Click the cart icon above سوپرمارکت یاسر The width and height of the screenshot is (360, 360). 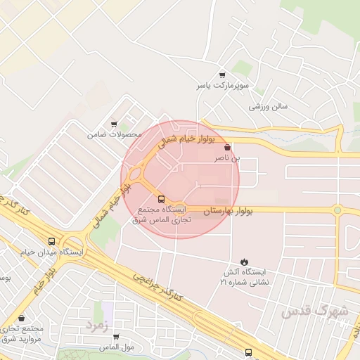223,75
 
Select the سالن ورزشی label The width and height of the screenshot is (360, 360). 269,108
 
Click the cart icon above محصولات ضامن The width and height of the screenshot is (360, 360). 114,124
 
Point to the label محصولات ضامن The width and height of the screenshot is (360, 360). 114,134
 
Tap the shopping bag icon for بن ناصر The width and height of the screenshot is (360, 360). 226,148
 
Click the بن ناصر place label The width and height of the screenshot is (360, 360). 227,159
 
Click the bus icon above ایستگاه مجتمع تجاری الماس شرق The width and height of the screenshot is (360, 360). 162,199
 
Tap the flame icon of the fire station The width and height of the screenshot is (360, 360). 244,261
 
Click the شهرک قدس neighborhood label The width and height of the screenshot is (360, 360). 314,310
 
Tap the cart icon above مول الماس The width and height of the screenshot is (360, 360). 116,337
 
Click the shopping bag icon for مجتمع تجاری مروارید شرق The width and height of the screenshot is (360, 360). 22,319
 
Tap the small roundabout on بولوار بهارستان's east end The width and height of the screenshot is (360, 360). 337,210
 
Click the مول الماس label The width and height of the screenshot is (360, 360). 116,347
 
